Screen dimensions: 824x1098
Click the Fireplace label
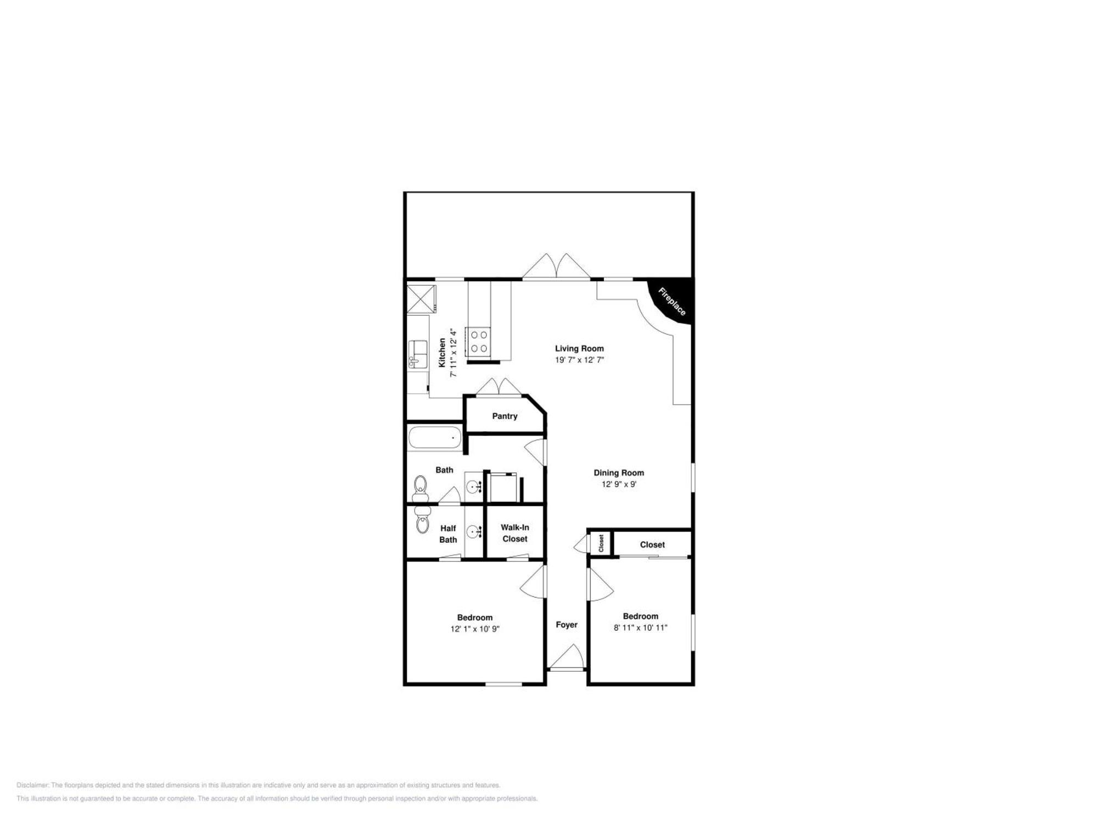pos(672,302)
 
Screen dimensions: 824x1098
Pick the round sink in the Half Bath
pos(473,532)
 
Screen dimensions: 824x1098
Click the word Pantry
pos(505,416)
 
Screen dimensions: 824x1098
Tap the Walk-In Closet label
pos(514,533)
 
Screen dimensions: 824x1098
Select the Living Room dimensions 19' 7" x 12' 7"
pos(579,360)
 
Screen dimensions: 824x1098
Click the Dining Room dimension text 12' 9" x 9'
pos(619,484)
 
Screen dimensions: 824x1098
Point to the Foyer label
pos(567,625)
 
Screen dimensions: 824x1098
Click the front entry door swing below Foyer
pos(568,658)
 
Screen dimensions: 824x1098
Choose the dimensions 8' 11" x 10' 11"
pos(640,627)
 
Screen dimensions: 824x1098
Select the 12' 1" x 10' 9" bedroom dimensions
pos(475,629)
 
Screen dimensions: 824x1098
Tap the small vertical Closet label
pos(601,543)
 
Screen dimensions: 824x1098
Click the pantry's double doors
pos(498,387)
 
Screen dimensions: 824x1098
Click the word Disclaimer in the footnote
pos(32,785)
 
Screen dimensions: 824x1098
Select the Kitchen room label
pos(442,353)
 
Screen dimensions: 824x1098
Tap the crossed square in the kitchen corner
pos(421,299)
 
